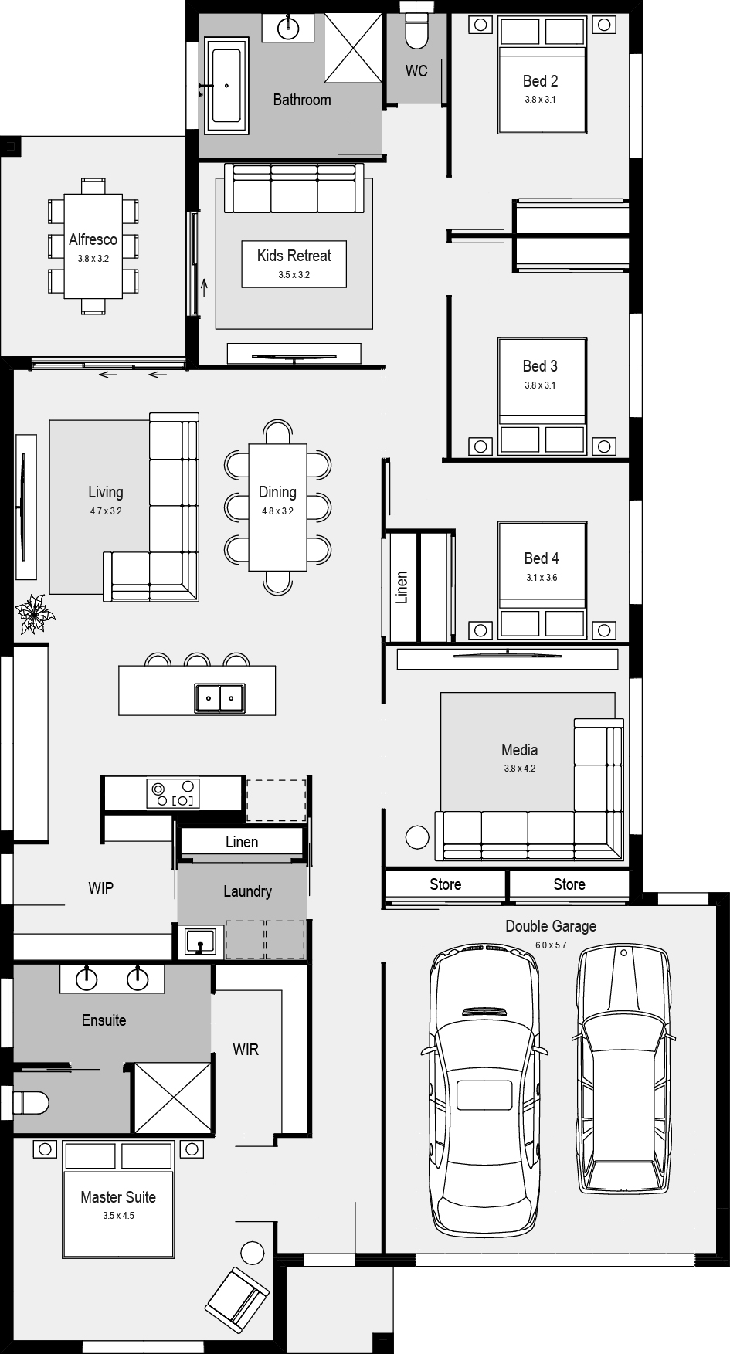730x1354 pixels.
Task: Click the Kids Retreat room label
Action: point(294,256)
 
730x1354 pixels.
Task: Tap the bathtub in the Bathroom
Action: point(226,86)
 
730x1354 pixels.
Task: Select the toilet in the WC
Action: point(416,29)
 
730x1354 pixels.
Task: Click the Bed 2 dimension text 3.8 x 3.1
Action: point(540,100)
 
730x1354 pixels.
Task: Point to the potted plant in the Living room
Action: point(35,615)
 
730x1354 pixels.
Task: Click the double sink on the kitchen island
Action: point(219,697)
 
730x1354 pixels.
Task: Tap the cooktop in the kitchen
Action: point(173,793)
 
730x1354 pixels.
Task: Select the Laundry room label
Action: point(247,891)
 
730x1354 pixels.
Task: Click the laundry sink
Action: point(199,943)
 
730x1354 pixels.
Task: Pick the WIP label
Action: point(100,888)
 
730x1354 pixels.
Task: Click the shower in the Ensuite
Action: point(172,1098)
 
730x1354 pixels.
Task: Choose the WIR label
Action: point(246,1050)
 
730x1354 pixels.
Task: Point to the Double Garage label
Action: point(551,926)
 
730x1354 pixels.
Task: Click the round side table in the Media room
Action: point(417,837)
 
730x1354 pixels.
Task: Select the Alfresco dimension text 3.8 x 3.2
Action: point(93,259)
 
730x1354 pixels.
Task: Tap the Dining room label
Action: point(277,492)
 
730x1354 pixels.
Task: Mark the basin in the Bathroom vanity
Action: point(288,27)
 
